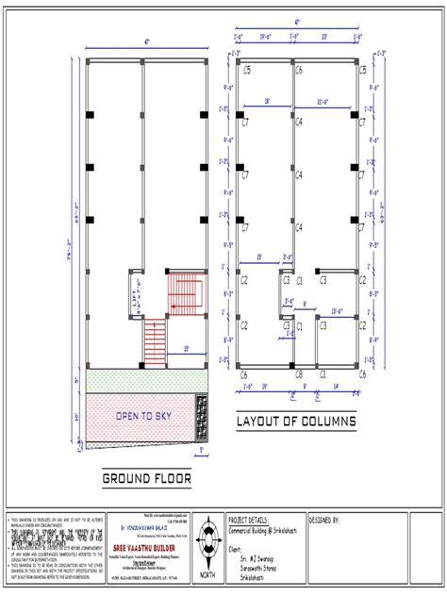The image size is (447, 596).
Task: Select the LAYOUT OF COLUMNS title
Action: click(296, 421)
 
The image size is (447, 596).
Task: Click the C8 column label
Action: click(298, 374)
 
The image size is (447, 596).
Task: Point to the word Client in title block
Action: click(238, 547)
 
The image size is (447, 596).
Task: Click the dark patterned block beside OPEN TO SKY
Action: click(201, 415)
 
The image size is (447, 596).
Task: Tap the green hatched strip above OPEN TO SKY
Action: click(141, 382)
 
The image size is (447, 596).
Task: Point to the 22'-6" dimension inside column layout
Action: click(325, 101)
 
